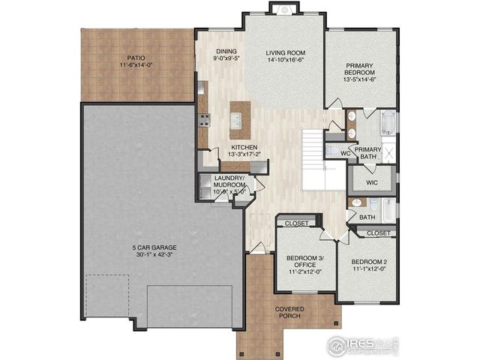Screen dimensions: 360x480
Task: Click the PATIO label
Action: [136, 58]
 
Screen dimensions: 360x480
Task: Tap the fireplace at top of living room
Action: [283, 8]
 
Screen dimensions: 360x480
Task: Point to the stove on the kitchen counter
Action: [202, 120]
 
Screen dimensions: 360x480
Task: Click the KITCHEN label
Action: [244, 147]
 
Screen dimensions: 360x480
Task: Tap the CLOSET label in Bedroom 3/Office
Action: [296, 223]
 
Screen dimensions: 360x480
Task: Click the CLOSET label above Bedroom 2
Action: [378, 233]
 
